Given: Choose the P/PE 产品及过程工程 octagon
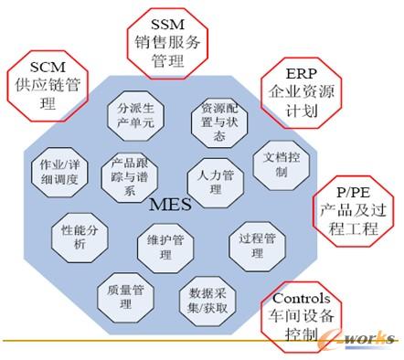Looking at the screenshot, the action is click(349, 211).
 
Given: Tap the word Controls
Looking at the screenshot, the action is click(303, 300).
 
